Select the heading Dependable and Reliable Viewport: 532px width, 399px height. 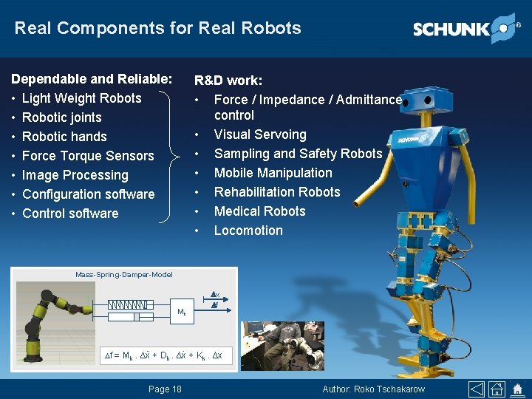[x=92, y=79]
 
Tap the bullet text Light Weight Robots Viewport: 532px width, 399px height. [x=81, y=98]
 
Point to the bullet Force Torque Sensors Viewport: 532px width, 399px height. [x=88, y=156]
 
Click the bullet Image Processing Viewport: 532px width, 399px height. [x=75, y=175]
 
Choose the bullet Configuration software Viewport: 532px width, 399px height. [x=89, y=194]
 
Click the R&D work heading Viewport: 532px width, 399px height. [x=228, y=80]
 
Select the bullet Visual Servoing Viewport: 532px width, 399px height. [x=259, y=134]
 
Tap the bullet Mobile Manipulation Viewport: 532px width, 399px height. [x=273, y=173]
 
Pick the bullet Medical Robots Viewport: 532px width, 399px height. [x=259, y=211]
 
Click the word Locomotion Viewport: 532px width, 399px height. [x=248, y=231]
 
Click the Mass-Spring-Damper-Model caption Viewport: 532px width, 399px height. [x=124, y=275]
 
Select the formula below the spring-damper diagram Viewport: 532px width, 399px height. [x=163, y=355]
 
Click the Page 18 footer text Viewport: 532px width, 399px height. [x=165, y=389]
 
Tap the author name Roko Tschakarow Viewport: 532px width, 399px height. [x=374, y=389]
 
